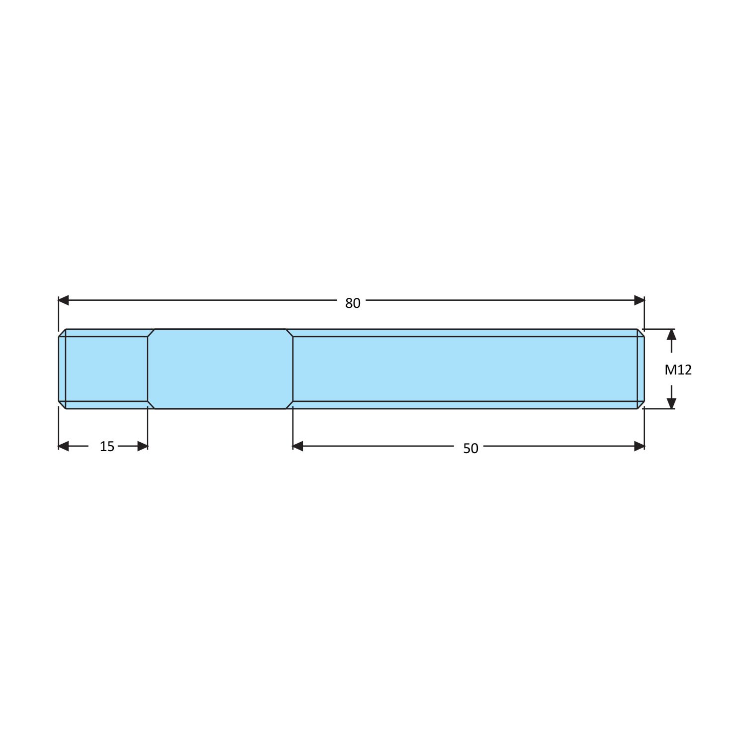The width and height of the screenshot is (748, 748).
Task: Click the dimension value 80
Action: click(353, 303)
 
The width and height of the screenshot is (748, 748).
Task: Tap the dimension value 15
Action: click(107, 447)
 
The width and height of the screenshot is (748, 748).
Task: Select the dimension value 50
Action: click(470, 449)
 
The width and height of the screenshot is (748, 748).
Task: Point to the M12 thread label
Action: click(678, 370)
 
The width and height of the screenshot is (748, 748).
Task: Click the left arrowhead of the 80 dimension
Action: click(64, 300)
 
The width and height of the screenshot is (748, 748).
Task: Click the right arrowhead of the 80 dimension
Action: click(639, 300)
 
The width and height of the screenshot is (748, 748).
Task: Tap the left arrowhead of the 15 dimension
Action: click(64, 446)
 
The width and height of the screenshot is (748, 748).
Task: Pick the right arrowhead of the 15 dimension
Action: click(142, 446)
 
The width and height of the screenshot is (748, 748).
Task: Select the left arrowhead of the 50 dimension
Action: click(298, 446)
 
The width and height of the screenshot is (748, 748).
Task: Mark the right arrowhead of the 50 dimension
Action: click(639, 446)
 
